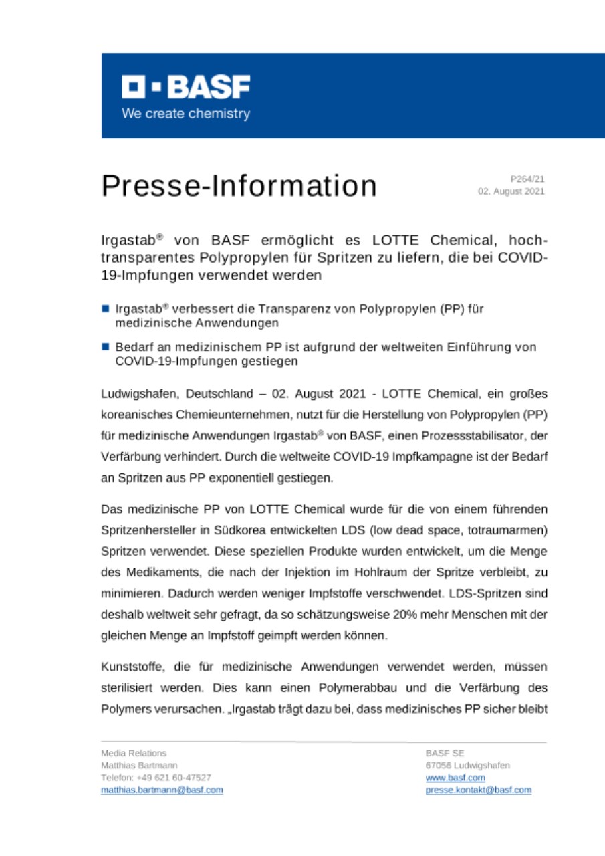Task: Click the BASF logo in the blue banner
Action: point(185,86)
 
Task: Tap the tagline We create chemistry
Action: point(185,113)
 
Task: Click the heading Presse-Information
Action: point(239,185)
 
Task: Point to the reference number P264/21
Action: point(527,179)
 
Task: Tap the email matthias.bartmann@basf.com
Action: point(162,790)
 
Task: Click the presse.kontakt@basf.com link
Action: point(478,790)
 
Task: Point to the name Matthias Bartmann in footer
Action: point(139,765)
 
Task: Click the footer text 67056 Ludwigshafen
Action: point(467,765)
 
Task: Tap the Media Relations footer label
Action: point(134,753)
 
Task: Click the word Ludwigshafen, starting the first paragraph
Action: point(135,392)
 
